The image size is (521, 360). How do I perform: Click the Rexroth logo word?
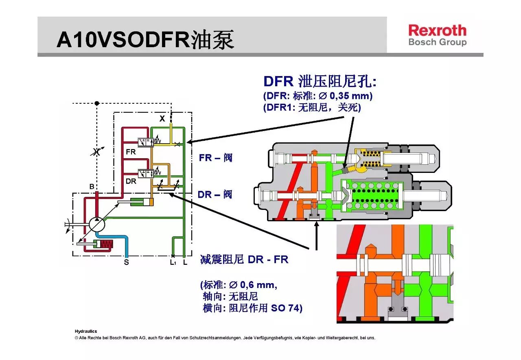[x=437, y=31]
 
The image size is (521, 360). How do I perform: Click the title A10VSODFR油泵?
[x=145, y=40]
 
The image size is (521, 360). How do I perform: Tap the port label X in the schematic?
[x=162, y=119]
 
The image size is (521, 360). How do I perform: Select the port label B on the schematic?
[x=92, y=187]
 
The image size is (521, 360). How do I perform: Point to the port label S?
[x=126, y=262]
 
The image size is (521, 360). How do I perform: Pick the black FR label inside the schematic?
[x=131, y=152]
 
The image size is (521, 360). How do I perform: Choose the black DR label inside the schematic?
[x=131, y=181]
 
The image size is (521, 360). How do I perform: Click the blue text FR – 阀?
[x=215, y=157]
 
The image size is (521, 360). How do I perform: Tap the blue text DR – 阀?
[x=215, y=194]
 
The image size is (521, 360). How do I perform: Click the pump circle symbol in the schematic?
[x=97, y=224]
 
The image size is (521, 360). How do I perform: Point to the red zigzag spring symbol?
[x=107, y=244]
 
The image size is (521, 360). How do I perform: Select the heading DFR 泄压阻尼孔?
[x=320, y=81]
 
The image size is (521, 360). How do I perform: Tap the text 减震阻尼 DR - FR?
[x=244, y=260]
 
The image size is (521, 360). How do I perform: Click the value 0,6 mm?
[x=258, y=285]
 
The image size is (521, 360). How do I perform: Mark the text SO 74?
[x=286, y=308]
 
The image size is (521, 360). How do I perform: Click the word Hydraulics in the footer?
[x=86, y=332]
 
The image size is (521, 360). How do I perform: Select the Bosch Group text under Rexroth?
[x=437, y=42]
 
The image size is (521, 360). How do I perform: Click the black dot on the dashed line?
[x=97, y=103]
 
